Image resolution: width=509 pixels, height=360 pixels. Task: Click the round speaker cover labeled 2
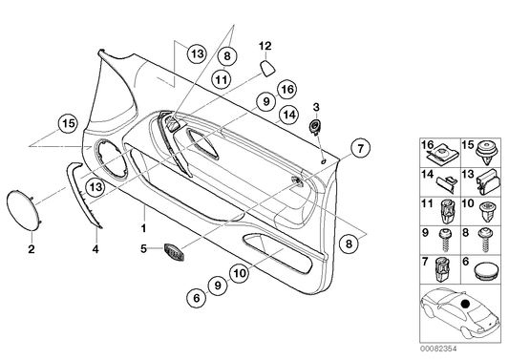tap(26, 207)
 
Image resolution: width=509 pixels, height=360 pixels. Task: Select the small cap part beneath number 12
tap(268, 68)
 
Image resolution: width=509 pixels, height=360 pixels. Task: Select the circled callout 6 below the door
tap(196, 299)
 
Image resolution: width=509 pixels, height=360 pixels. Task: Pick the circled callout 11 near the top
tap(221, 80)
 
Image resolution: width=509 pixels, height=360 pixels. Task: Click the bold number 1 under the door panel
tap(144, 229)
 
